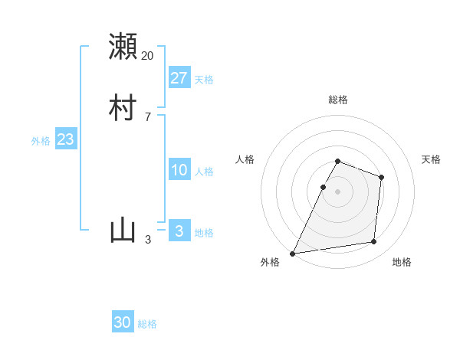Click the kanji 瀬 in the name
point(123,47)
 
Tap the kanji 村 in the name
point(123,108)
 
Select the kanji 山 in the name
point(123,230)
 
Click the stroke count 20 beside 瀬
point(148,56)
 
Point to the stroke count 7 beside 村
point(147,117)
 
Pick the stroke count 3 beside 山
point(148,240)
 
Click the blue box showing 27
point(179,77)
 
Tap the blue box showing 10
point(179,170)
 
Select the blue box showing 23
point(65,139)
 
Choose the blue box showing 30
point(123,322)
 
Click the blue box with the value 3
point(179,231)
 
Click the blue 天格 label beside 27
point(204,80)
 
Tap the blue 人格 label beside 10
point(204,172)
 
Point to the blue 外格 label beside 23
point(41,141)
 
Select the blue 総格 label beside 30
point(147,324)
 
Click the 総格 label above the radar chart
point(337,100)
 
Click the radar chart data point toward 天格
point(381,177)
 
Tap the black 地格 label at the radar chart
point(402,263)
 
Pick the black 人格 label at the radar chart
point(245,159)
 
